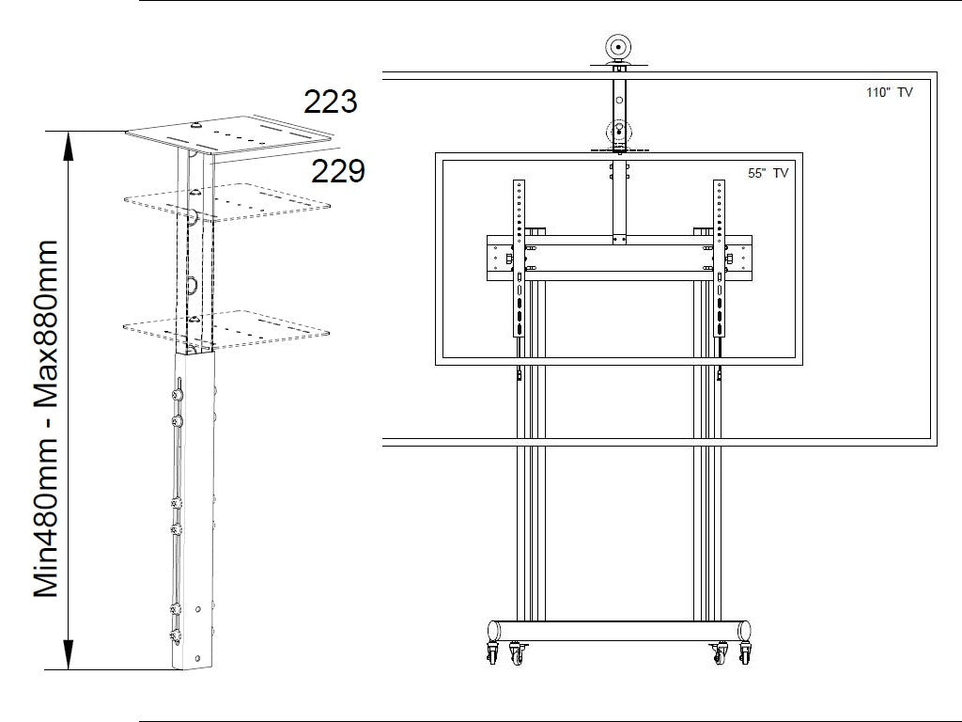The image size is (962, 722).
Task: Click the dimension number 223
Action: click(x=330, y=102)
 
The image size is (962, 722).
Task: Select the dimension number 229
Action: click(x=338, y=171)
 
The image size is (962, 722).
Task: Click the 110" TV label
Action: click(x=889, y=93)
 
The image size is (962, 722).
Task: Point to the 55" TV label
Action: click(x=768, y=173)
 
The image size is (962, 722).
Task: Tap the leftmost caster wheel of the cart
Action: click(x=492, y=653)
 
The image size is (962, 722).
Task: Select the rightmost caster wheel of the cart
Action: click(x=745, y=653)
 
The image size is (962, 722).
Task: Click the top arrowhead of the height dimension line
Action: click(x=69, y=146)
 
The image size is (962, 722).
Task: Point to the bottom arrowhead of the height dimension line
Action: click(x=69, y=654)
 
